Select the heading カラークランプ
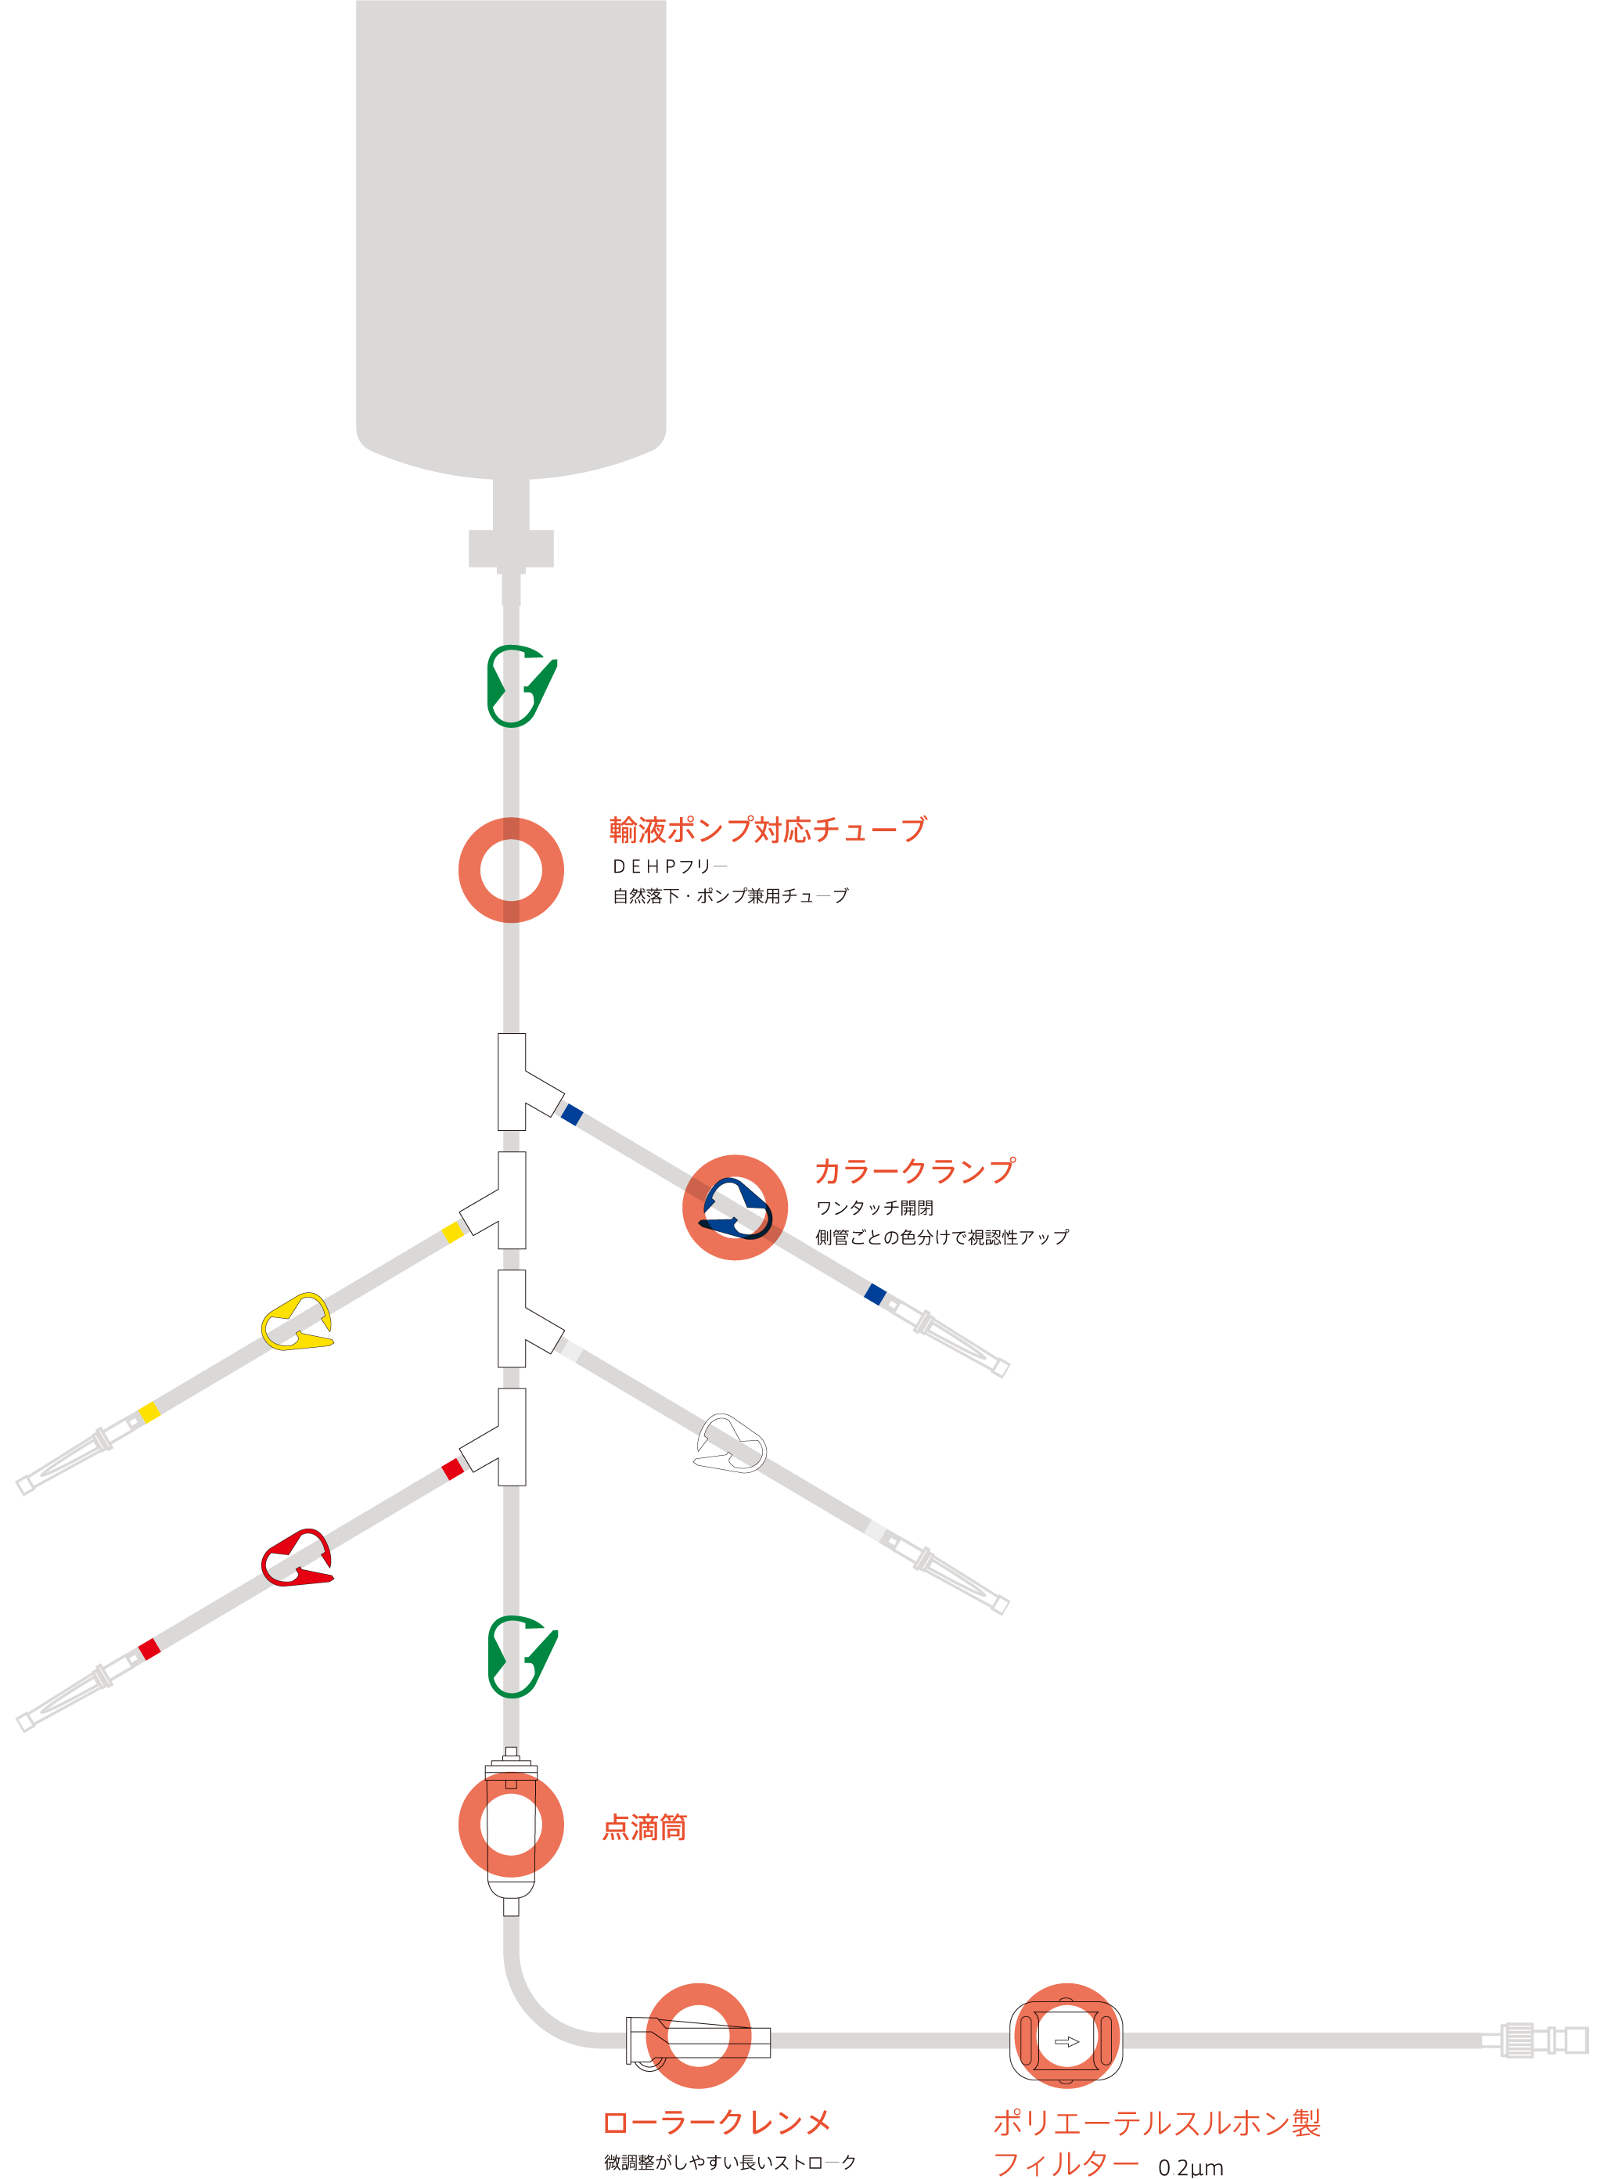tap(915, 1170)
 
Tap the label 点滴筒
tap(644, 1827)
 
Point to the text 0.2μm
tap(1190, 2167)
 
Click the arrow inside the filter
tap(1066, 2041)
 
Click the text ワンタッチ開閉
tap(874, 1208)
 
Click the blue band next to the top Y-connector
tap(572, 1115)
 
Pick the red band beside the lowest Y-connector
tap(452, 1469)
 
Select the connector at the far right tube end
tap(1544, 2040)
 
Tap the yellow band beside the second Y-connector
tap(452, 1232)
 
